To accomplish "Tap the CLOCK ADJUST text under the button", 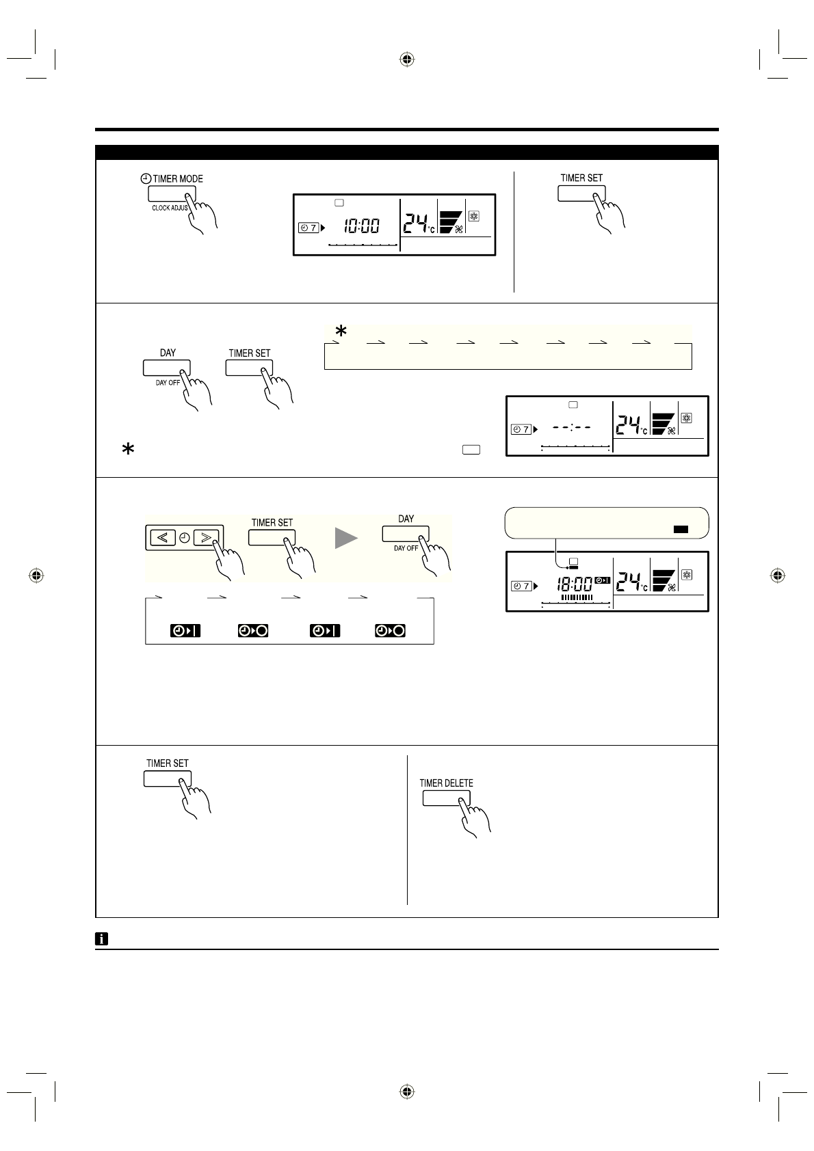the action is (x=170, y=208).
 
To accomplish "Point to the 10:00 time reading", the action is (x=361, y=226).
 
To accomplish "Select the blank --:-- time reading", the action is (x=572, y=427).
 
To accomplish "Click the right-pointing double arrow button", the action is (x=206, y=537).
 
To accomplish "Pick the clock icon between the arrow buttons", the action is (x=184, y=538).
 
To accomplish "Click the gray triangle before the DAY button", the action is (x=346, y=539).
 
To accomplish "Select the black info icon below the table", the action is (x=101, y=939).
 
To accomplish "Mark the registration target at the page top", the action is (x=407, y=59).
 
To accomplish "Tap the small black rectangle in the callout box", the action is (x=681, y=529).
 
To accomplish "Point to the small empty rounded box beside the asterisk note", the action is (x=471, y=450).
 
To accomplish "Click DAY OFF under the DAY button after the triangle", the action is (x=406, y=548).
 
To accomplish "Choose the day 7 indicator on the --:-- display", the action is (x=521, y=429).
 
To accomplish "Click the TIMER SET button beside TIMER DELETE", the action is (x=167, y=778).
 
